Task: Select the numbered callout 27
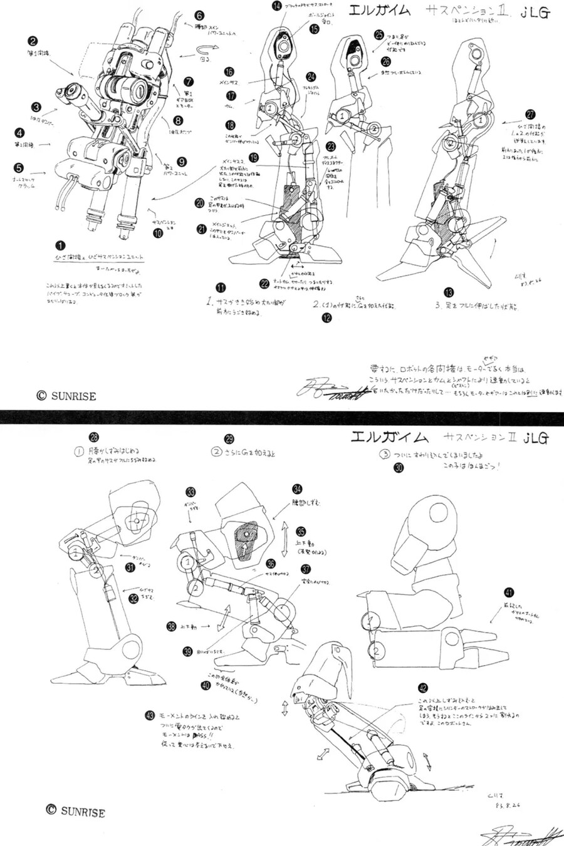[531, 115]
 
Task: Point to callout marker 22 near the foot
[265, 283]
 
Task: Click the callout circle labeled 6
[199, 15]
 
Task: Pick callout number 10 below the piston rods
[158, 233]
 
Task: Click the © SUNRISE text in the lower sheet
[75, 811]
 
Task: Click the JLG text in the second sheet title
[535, 437]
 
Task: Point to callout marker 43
[149, 715]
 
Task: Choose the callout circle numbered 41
[509, 593]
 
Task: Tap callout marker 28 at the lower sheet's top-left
[94, 437]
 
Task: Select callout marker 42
[423, 687]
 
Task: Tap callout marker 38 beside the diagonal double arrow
[170, 626]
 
